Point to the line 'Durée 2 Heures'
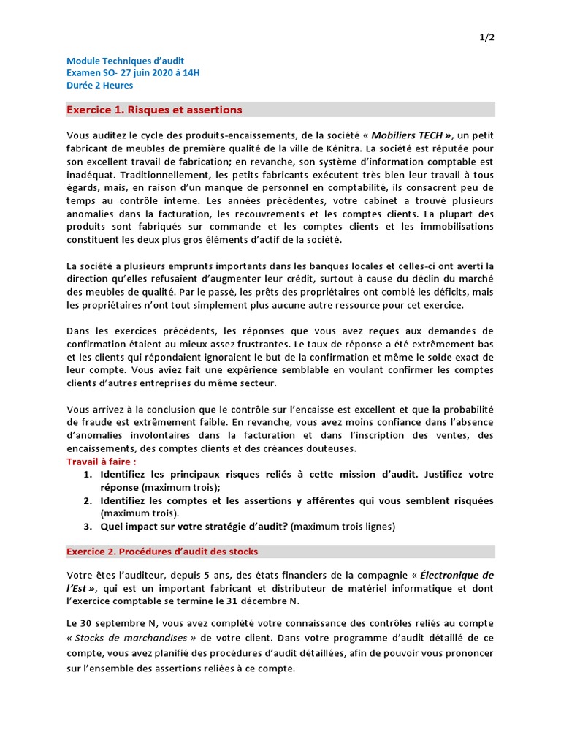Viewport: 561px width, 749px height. click(x=100, y=85)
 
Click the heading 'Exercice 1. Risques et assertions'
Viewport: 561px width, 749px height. click(x=154, y=110)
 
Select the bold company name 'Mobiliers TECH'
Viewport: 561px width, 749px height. click(x=408, y=135)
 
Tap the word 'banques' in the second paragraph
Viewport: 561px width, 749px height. click(x=318, y=266)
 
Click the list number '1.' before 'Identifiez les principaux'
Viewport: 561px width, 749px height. click(x=87, y=475)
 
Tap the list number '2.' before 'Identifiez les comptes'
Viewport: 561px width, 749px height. click(x=87, y=500)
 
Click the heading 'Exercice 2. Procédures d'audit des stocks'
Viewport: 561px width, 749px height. click(x=162, y=552)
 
